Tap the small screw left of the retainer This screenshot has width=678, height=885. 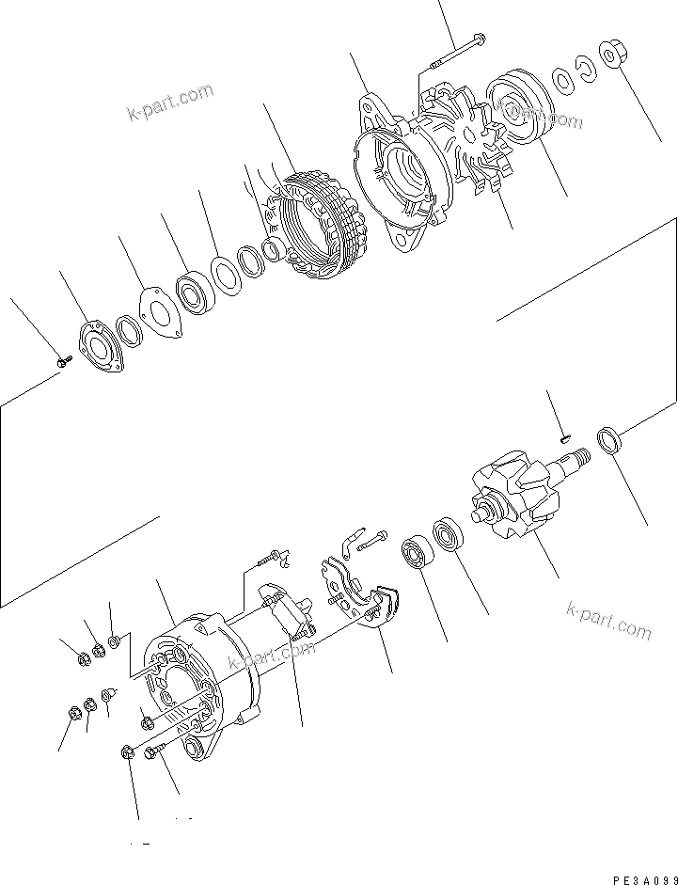pos(62,359)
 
